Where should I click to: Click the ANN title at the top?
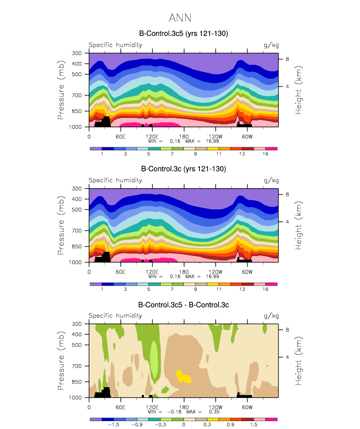pyautogui.click(x=180, y=18)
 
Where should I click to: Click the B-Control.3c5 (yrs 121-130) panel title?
pyautogui.click(x=184, y=33)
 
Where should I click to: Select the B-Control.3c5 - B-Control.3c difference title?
pyautogui.click(x=184, y=305)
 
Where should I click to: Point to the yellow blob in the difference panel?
pyautogui.click(x=184, y=377)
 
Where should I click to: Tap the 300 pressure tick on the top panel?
pyautogui.click(x=77, y=53)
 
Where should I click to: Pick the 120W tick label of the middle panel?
pyautogui.click(x=215, y=271)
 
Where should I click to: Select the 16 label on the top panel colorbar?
pyautogui.click(x=266, y=154)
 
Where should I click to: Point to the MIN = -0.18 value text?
pyautogui.click(x=166, y=412)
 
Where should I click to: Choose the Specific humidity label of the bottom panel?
pyautogui.click(x=115, y=316)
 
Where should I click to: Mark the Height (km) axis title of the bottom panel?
pyautogui.click(x=299, y=361)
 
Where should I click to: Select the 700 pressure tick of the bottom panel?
pyautogui.click(x=77, y=366)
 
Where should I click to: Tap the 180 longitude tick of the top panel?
pyautogui.click(x=184, y=136)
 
